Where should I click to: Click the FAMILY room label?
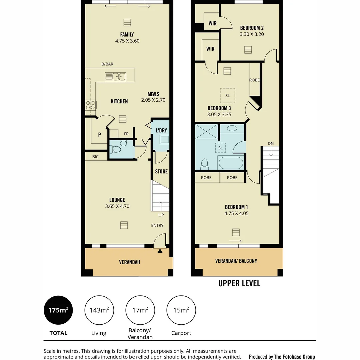(x=127, y=34)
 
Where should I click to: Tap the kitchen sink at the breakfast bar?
(x=115, y=77)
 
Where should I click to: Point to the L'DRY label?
(x=161, y=130)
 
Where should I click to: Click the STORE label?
(x=161, y=171)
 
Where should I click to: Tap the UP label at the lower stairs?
(x=161, y=215)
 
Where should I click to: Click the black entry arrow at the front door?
(x=160, y=251)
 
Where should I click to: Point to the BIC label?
(x=95, y=156)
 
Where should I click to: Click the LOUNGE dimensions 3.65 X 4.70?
(x=117, y=206)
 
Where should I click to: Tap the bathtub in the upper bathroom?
(x=231, y=163)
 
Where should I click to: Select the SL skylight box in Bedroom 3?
(x=227, y=95)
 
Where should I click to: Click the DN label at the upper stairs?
(x=271, y=143)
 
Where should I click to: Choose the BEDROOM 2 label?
(x=252, y=28)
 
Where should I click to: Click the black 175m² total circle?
(x=58, y=310)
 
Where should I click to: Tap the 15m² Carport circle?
(x=181, y=310)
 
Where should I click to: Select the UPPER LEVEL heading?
(x=239, y=283)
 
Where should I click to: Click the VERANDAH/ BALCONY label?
(x=236, y=261)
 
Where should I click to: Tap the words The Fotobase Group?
(x=294, y=357)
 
